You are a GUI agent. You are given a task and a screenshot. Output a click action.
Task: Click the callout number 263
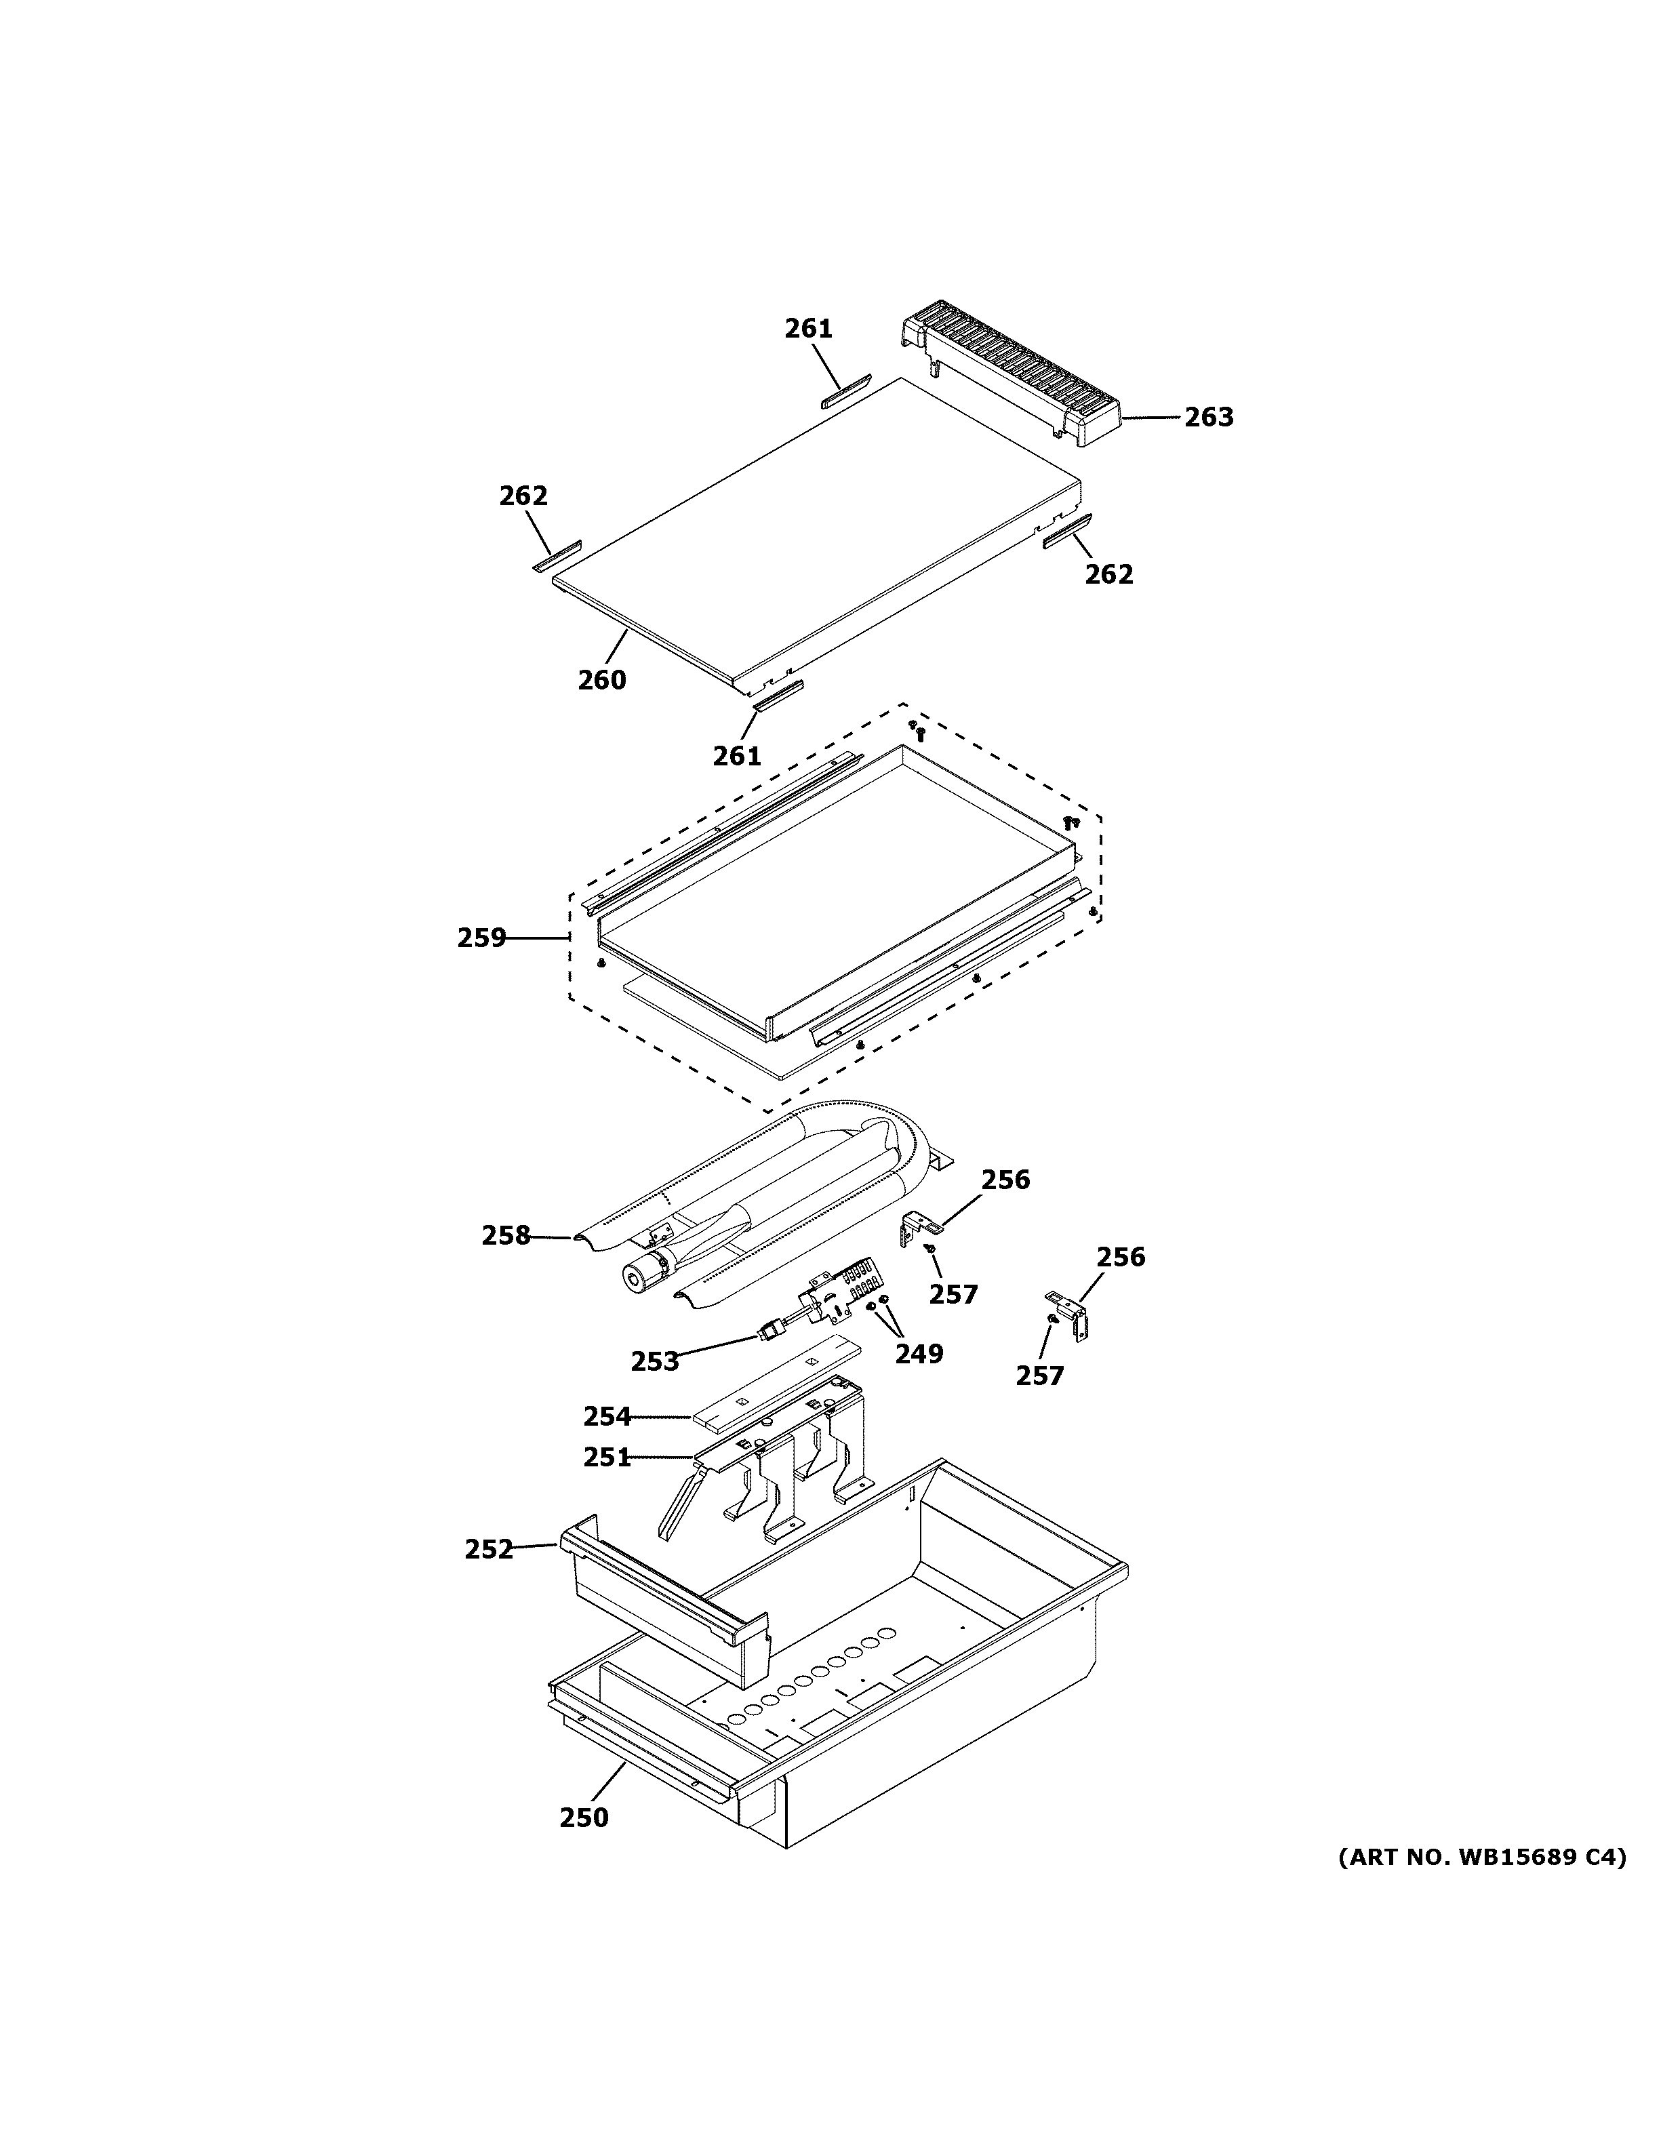[1208, 417]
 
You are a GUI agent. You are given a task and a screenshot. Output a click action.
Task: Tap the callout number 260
[601, 679]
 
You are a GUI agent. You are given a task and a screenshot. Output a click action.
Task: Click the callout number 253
[655, 1361]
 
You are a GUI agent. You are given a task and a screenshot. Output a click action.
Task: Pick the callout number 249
[918, 1354]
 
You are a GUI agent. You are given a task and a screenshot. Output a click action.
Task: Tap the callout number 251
[606, 1457]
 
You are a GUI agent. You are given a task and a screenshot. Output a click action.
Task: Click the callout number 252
[489, 1549]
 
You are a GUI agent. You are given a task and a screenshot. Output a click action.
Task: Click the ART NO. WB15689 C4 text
[1482, 1857]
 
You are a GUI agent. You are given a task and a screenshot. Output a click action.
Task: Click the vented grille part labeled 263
[1012, 384]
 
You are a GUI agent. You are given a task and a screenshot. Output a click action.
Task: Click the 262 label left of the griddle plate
[523, 496]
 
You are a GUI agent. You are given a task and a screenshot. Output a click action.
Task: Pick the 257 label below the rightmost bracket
[1039, 1376]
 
